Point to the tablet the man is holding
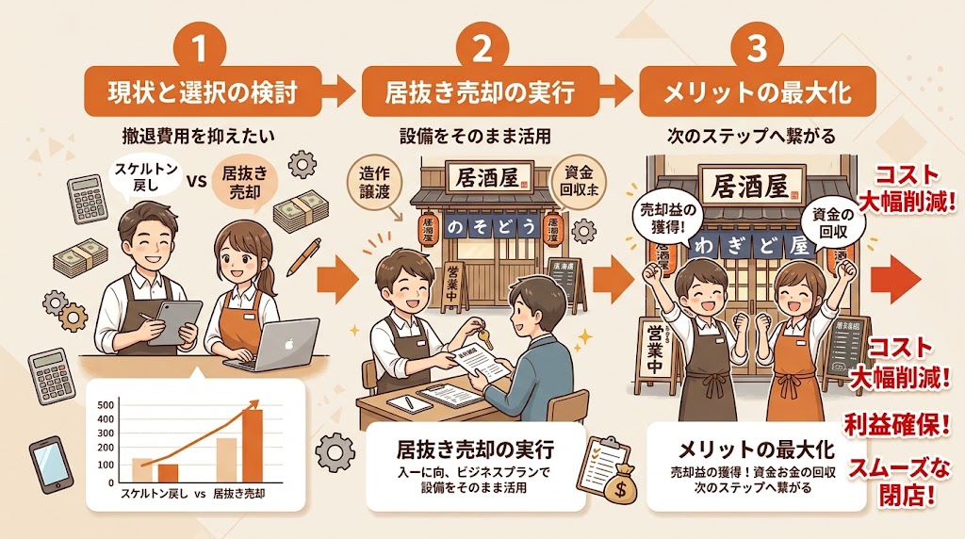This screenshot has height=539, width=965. [174, 320]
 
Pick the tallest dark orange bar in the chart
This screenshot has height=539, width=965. [253, 445]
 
